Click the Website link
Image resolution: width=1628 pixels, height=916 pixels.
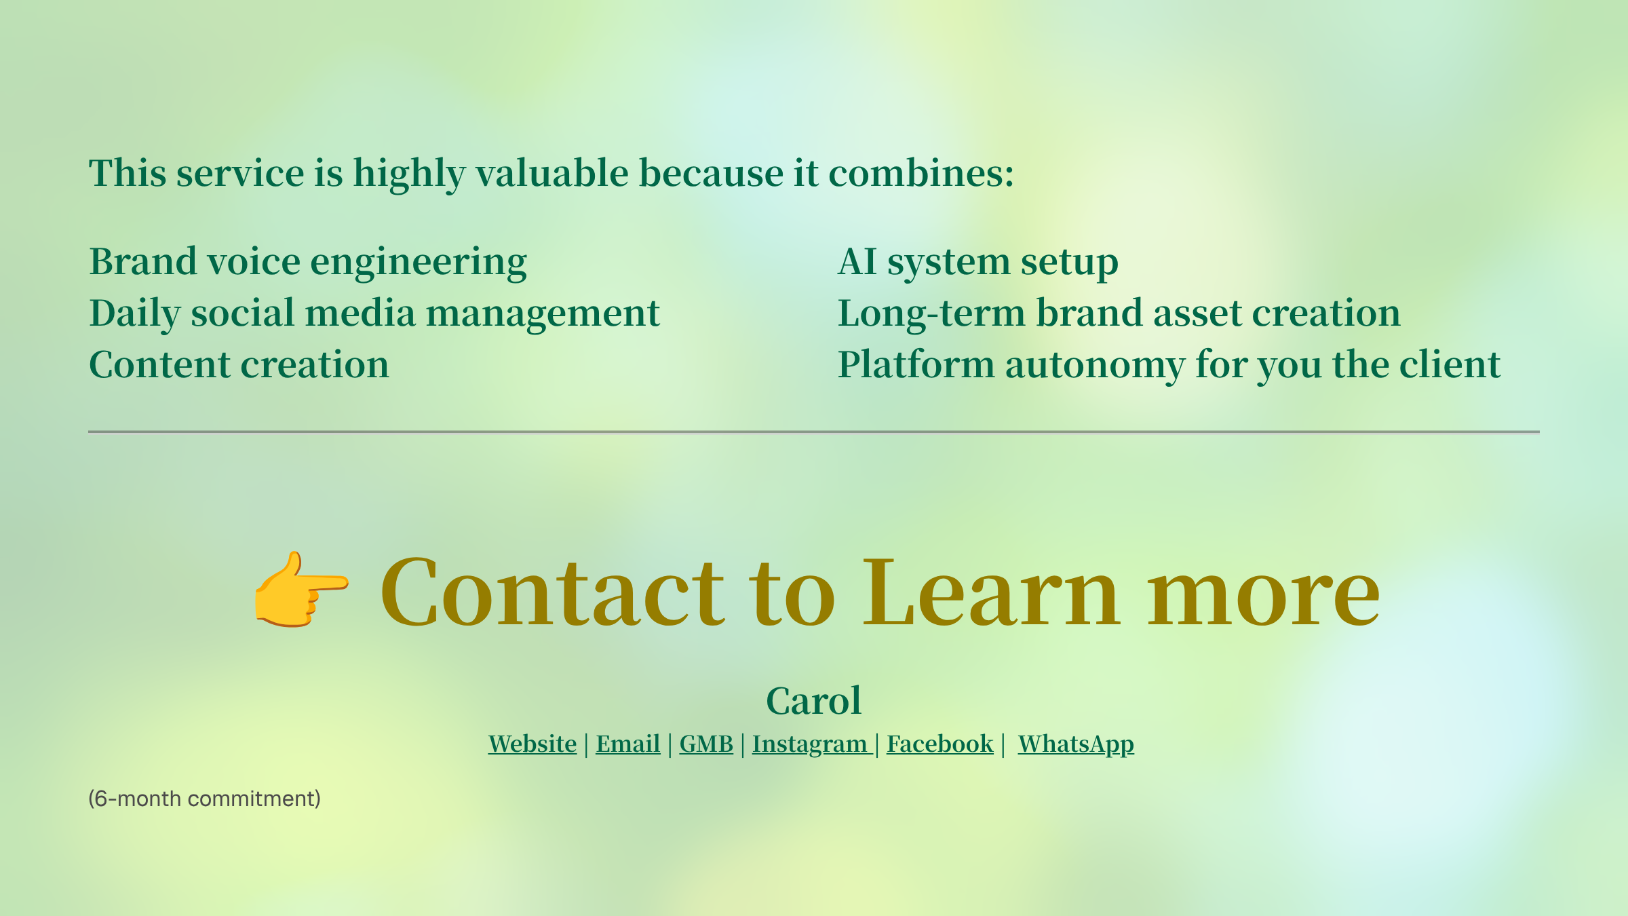tap(532, 744)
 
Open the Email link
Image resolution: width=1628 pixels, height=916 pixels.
tap(628, 744)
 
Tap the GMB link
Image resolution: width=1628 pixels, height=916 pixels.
tap(706, 744)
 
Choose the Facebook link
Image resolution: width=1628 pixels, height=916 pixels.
tap(940, 744)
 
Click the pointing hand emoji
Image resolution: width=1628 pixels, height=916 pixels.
tap(301, 589)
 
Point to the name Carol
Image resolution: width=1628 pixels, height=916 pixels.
tap(814, 700)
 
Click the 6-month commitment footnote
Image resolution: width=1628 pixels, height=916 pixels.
tap(204, 799)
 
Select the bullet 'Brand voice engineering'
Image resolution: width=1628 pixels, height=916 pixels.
tap(308, 263)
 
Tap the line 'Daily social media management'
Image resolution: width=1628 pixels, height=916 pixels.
tap(374, 314)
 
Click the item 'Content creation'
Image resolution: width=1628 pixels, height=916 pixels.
tap(239, 364)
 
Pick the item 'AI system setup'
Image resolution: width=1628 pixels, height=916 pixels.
tap(978, 263)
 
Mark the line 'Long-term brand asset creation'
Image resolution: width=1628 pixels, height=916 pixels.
tap(1119, 314)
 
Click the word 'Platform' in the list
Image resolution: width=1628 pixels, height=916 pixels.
tap(916, 364)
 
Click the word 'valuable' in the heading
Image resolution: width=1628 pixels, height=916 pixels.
tap(552, 173)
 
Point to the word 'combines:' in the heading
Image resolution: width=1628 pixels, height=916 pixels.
tap(921, 173)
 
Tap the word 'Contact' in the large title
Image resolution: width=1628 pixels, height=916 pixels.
tap(553, 592)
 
